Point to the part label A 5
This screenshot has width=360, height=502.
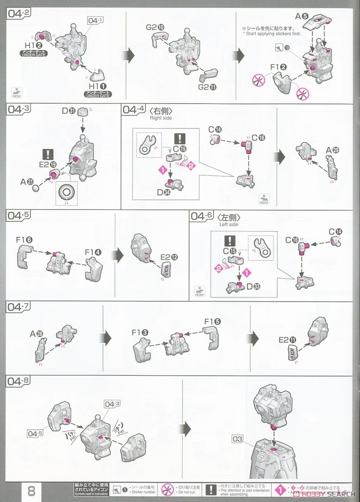tap(301, 17)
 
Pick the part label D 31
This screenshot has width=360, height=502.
tap(69, 111)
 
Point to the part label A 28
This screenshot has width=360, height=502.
tap(38, 334)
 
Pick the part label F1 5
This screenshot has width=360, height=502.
tap(212, 322)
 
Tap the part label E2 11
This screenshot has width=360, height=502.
tap(287, 341)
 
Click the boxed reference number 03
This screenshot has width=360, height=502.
tap(237, 439)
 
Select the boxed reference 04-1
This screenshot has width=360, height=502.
tap(95, 20)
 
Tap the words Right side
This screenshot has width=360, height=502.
tap(161, 118)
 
